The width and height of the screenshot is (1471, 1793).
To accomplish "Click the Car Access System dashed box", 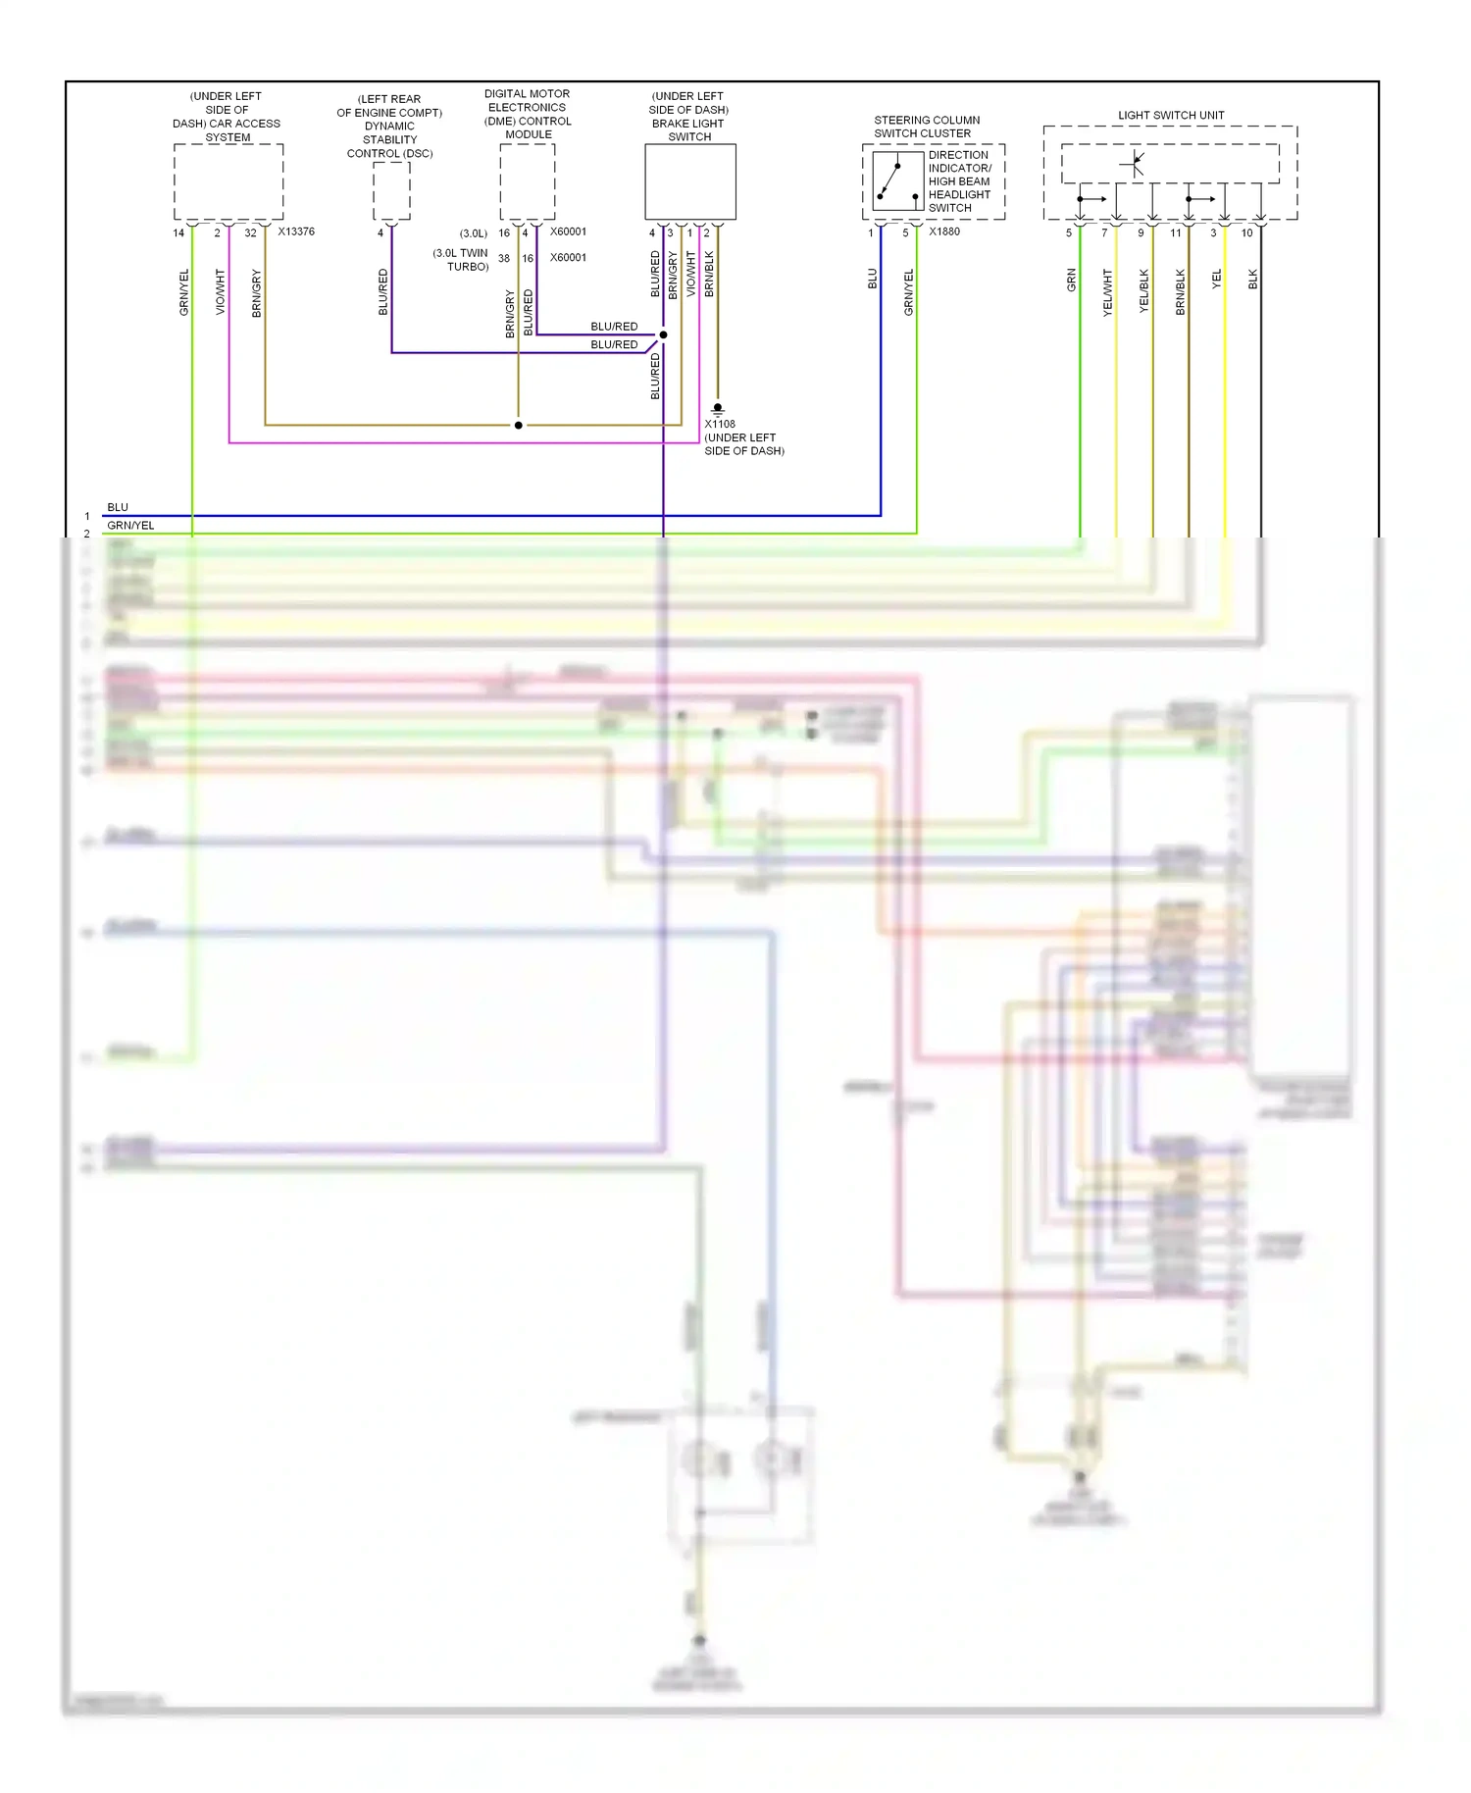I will pos(228,182).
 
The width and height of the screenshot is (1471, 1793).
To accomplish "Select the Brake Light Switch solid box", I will pos(689,182).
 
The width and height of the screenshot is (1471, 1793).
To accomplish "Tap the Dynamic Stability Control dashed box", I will pos(391,191).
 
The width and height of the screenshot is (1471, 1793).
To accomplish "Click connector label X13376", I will pos(296,232).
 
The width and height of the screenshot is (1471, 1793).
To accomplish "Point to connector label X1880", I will pos(944,232).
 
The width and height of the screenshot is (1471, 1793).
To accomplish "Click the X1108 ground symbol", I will pos(718,408).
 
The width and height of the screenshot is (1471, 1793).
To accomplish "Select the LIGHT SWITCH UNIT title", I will pos(1171,116).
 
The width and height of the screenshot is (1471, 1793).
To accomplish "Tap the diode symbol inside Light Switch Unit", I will pos(1135,164).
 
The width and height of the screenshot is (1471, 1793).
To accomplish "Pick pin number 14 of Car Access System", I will pos(178,233).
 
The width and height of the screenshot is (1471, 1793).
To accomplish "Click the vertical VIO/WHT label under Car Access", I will pos(220,292).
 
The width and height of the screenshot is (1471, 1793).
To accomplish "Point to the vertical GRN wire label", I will pos(1071,281).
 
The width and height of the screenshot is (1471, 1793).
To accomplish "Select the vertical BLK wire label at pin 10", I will pos(1252,281).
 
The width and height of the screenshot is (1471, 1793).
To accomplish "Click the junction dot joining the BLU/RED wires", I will pos(664,335).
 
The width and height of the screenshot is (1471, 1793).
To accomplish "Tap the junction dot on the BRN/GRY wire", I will pos(519,426).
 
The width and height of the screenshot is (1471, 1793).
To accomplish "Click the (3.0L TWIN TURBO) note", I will pos(461,260).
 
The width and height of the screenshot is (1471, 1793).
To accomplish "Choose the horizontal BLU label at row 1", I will pos(118,507).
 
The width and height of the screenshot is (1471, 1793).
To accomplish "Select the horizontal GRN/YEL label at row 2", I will pos(130,526).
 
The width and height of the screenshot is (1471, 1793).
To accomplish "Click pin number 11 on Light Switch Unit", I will pos(1176,233).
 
